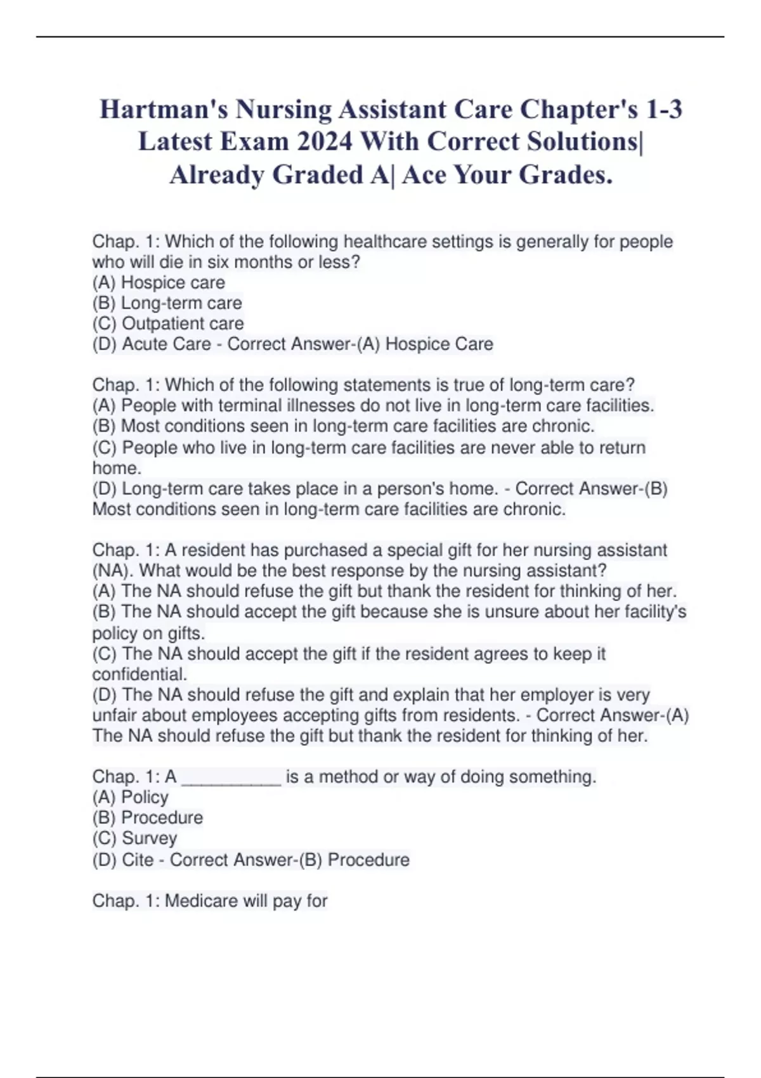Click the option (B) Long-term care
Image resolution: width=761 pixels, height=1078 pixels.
pos(167,303)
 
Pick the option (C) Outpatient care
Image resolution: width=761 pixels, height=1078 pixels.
pos(168,323)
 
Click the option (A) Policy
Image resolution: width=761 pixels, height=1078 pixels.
pos(131,797)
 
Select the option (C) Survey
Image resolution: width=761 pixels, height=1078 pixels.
pos(134,838)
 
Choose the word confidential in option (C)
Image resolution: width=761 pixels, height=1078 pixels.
pos(140,674)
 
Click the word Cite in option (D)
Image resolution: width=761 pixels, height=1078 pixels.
pos(138,860)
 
